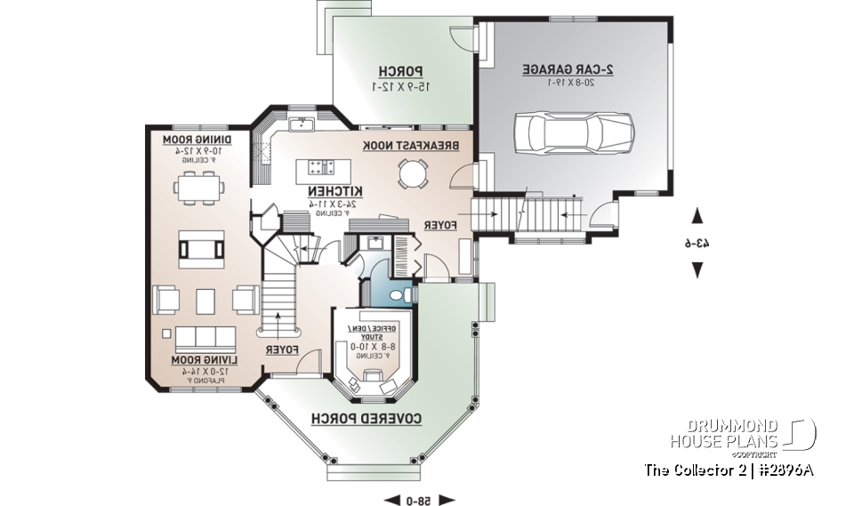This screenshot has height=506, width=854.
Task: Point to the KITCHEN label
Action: click(335, 191)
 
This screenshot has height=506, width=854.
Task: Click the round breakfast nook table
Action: click(413, 173)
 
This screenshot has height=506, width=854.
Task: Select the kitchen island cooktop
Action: click(320, 165)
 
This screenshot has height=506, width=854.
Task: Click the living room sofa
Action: click(205, 338)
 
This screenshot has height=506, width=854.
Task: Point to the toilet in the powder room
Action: click(408, 294)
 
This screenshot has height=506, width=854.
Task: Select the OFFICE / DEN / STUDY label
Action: click(372, 329)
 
